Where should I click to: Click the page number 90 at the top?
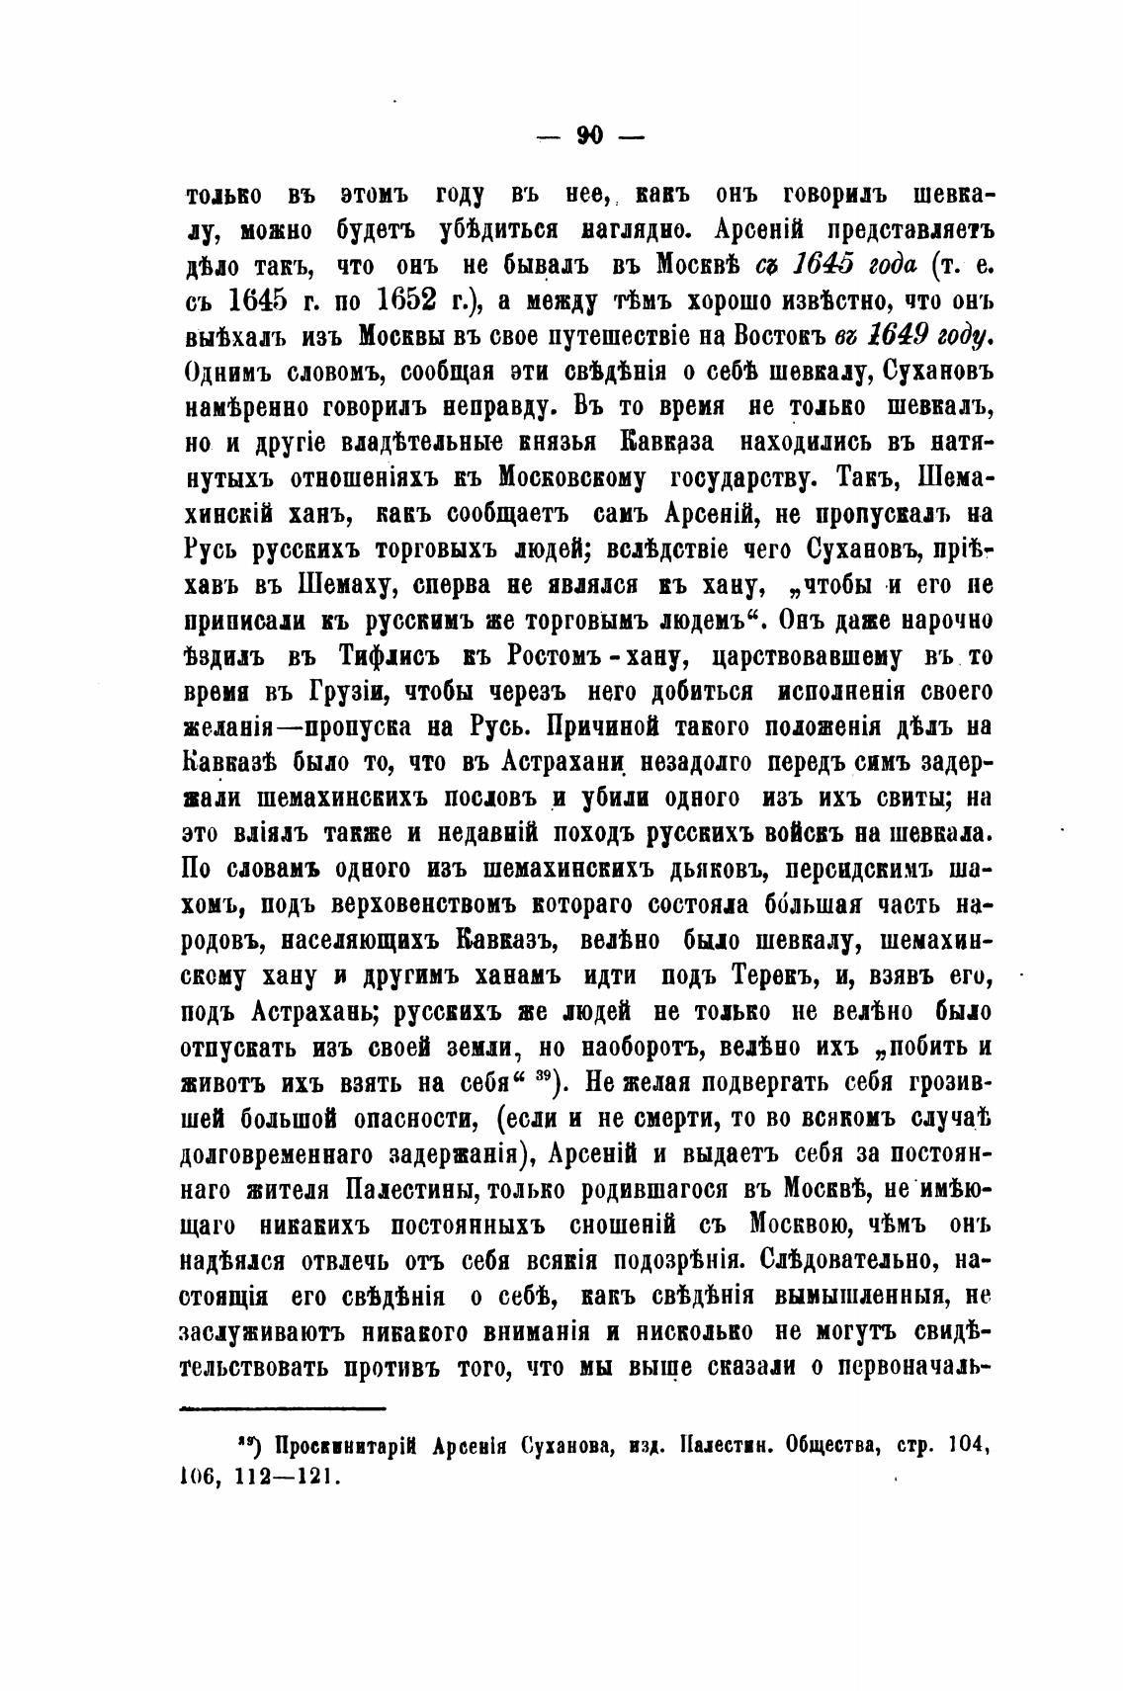pos(590,135)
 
